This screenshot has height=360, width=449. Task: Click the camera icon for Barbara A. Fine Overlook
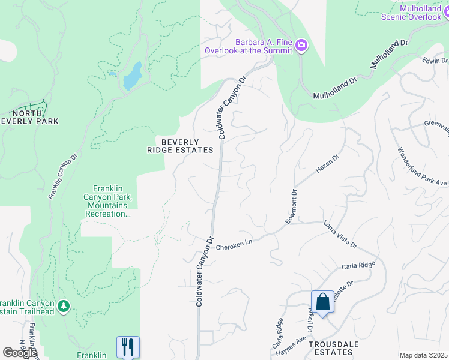click(x=301, y=46)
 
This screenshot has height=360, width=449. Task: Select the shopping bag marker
click(x=322, y=302)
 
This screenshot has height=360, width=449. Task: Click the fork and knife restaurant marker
click(x=128, y=347)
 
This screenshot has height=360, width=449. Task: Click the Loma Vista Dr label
click(x=340, y=236)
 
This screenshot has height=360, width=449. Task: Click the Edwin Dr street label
click(x=435, y=61)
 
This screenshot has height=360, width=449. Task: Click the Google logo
click(x=20, y=353)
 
